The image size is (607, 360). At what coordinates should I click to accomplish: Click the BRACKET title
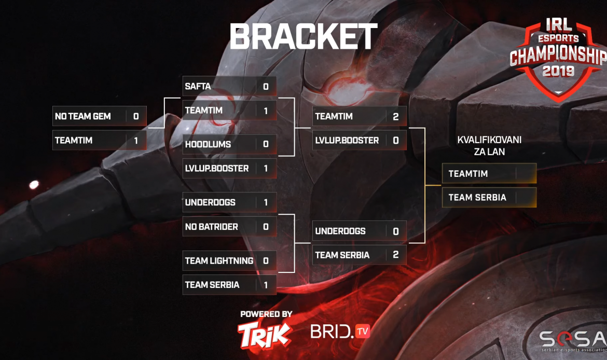303,37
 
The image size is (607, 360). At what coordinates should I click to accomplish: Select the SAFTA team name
198,86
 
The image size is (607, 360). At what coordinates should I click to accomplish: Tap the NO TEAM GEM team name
83,116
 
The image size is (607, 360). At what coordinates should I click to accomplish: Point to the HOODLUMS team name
208,144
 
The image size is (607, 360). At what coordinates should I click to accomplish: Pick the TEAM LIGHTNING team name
219,261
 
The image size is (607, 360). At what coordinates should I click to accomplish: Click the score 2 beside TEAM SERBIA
396,255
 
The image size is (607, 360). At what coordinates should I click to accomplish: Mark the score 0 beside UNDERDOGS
396,231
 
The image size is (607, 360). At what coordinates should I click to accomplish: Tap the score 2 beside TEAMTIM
396,117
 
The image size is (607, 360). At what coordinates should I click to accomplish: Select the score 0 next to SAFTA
266,87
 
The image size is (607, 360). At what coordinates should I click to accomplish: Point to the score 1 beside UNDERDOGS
266,203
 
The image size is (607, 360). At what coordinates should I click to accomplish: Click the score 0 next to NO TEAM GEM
136,117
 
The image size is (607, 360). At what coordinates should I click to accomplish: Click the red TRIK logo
265,334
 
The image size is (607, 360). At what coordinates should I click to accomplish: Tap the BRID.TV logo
340,331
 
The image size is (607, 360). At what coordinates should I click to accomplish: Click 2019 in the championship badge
558,70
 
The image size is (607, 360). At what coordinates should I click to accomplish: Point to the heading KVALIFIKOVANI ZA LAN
489,146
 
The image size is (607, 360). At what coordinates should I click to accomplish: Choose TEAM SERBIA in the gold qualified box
477,198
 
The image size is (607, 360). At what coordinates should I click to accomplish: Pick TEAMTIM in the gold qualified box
468,174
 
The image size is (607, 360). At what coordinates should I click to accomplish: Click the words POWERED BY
266,314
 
